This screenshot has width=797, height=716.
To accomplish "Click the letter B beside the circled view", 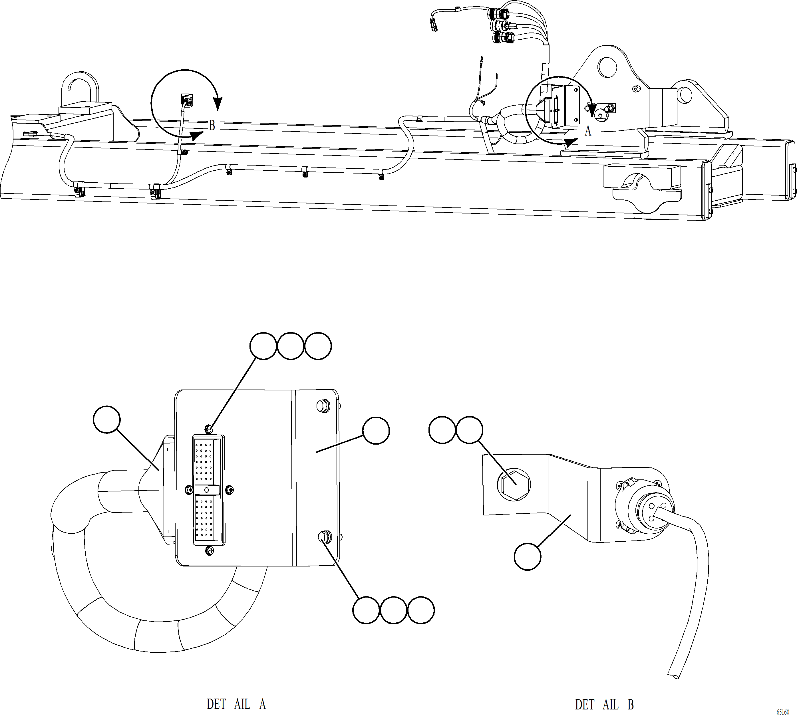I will [212, 126].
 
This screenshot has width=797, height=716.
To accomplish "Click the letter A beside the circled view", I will [587, 131].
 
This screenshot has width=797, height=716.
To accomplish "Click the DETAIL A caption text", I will [236, 704].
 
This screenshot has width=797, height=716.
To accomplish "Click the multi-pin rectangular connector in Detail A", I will [208, 490].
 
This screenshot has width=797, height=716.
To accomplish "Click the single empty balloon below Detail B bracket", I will [528, 556].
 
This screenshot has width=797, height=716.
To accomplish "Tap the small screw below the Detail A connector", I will [210, 551].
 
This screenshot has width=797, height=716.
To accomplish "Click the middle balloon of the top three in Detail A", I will [291, 346].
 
